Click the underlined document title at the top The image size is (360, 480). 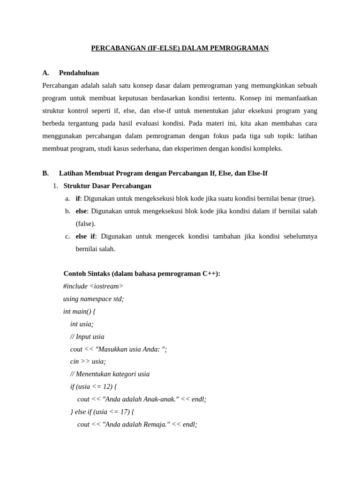[180, 48]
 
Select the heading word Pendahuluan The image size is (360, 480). [79, 73]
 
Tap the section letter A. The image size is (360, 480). [45, 73]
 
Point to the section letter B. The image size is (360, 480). [45, 173]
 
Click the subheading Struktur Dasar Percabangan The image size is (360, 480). [107, 186]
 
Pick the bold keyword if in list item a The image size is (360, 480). [78, 198]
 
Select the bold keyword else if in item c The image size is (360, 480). [85, 236]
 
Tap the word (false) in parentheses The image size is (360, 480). [85, 224]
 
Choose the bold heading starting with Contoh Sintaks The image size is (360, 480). [142, 274]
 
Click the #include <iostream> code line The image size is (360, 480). [93, 286]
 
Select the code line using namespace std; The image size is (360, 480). [93, 299]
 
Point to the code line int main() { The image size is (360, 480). [79, 311]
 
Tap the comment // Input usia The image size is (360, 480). [87, 337]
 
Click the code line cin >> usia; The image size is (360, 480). [88, 361]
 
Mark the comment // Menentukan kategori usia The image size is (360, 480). [110, 374]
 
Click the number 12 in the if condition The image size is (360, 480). [107, 387]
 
